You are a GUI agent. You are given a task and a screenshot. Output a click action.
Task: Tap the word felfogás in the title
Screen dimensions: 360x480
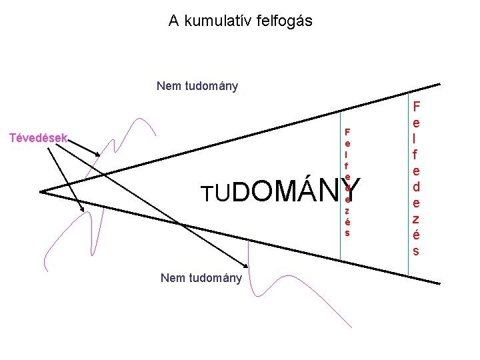[x=284, y=21]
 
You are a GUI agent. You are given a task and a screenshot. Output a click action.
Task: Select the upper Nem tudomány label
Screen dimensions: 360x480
[x=197, y=86]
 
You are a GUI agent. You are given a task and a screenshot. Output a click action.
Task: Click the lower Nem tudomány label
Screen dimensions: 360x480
[x=201, y=278]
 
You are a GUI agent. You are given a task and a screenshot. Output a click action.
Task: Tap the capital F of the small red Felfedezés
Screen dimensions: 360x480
[x=347, y=131]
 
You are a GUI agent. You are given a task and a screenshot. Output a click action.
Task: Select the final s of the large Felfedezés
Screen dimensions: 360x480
[x=416, y=251]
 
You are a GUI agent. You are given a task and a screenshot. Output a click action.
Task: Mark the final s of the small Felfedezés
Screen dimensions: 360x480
[x=347, y=233]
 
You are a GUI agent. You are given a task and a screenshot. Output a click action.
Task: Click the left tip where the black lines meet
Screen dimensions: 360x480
[x=41, y=192]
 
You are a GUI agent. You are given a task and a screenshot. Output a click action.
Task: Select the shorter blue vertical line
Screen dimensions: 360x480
[x=341, y=200]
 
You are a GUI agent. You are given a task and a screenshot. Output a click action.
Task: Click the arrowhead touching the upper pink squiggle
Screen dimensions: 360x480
[x=99, y=156]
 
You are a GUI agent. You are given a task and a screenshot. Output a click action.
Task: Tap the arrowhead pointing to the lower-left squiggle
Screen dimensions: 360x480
[x=83, y=210]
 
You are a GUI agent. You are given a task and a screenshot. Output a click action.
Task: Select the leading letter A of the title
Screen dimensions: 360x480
[x=173, y=21]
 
